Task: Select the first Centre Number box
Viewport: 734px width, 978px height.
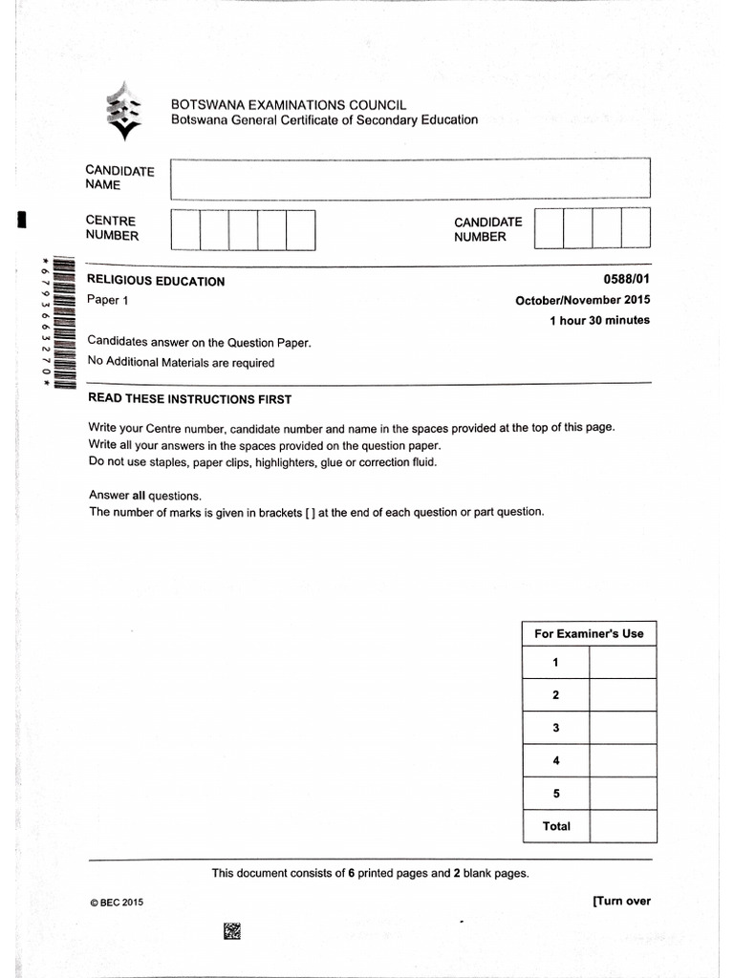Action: [x=185, y=229]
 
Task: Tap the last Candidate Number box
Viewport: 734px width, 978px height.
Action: [x=636, y=229]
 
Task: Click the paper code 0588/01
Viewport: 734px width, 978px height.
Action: [x=626, y=279]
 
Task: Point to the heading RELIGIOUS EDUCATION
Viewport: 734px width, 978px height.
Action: [x=156, y=281]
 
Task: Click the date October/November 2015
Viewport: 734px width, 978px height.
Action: [x=582, y=300]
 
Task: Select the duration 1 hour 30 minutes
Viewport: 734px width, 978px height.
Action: [x=599, y=321]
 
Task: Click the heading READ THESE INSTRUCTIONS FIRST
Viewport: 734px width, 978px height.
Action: [x=189, y=399]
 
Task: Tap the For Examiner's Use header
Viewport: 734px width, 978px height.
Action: [x=589, y=633]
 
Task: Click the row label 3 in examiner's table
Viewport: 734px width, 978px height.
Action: [x=555, y=728]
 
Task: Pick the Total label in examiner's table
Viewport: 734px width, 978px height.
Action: [x=556, y=826]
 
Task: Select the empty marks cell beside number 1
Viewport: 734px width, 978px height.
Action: [x=622, y=663]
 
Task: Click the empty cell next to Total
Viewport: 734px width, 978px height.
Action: [x=622, y=826]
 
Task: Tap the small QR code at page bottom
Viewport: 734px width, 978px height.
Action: [x=232, y=930]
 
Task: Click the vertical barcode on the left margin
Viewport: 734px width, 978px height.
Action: [x=62, y=324]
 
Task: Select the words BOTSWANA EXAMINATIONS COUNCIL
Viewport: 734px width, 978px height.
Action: [x=289, y=104]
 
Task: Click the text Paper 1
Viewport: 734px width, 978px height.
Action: [x=107, y=300]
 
